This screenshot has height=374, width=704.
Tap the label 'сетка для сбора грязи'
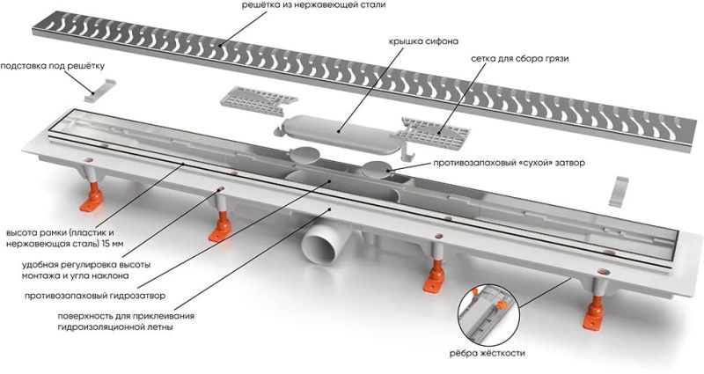tap(520, 58)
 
